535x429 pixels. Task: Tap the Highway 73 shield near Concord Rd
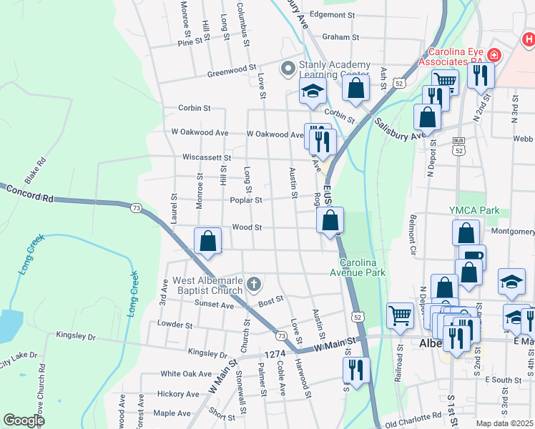point(136,207)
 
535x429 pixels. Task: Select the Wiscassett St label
point(207,157)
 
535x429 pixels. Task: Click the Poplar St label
point(245,200)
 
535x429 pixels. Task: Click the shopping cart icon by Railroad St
point(400,314)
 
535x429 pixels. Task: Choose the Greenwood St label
point(232,72)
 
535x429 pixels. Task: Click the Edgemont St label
point(333,14)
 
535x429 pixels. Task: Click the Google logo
point(24,420)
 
